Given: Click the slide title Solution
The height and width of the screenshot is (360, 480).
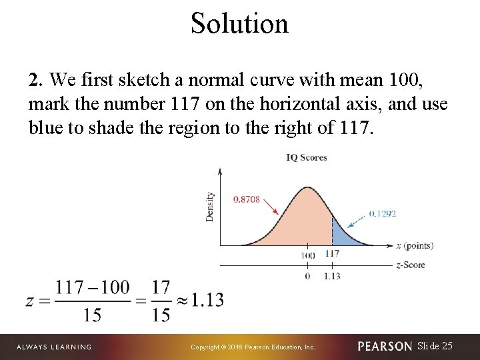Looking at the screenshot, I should [239, 23].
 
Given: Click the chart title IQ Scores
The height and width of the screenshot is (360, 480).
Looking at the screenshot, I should [306, 158].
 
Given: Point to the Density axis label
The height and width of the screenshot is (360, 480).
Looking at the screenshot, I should [210, 207].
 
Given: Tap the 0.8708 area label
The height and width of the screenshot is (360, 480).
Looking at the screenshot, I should [247, 199].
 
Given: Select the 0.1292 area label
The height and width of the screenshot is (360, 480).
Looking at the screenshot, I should [382, 213].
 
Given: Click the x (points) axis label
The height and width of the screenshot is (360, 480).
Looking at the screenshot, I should [415, 245].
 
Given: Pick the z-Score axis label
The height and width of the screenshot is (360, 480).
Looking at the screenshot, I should [411, 265].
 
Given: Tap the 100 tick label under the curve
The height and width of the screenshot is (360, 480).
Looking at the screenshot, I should [307, 255].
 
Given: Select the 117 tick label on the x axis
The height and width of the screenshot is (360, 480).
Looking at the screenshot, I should [333, 254].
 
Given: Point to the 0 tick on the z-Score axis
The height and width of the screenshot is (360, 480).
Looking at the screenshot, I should [307, 275].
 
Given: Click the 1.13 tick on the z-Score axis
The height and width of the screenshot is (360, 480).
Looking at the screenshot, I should [333, 275].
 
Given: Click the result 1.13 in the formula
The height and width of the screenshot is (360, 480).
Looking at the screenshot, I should [207, 300].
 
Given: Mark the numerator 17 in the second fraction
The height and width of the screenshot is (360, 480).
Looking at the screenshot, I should [161, 287].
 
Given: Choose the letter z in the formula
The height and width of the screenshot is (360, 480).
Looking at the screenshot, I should [31, 301].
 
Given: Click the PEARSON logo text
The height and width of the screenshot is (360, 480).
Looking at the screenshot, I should [385, 347].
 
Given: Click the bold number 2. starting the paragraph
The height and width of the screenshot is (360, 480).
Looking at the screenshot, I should [36, 81].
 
